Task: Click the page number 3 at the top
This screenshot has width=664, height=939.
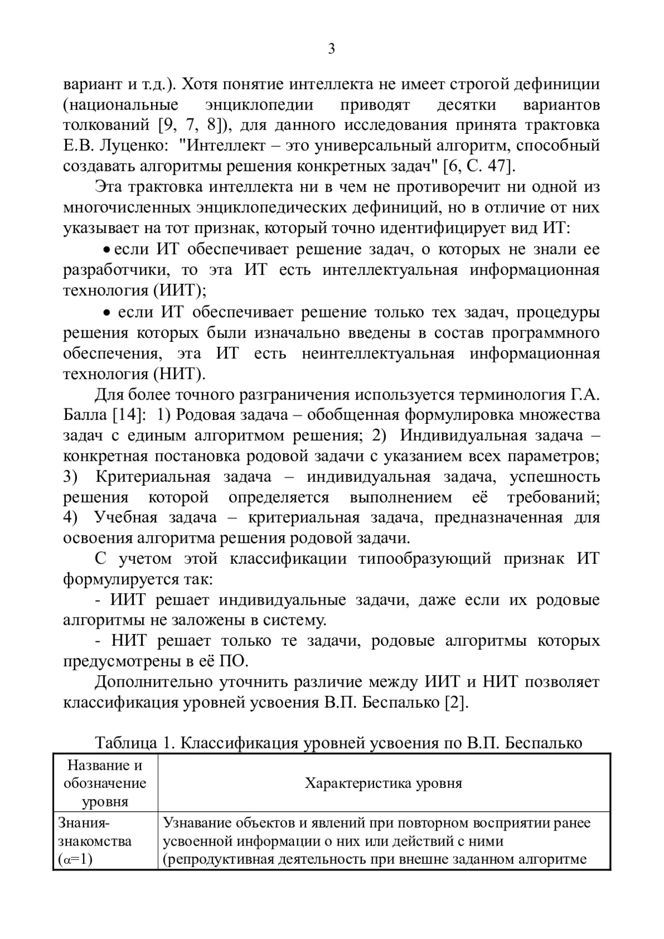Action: (331, 49)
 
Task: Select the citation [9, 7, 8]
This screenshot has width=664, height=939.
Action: (190, 125)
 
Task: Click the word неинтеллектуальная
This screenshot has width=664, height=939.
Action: (378, 354)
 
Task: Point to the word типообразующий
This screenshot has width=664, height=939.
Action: (424, 559)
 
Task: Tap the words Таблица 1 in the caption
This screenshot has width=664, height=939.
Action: (131, 743)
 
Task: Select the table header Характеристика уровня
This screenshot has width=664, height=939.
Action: (383, 784)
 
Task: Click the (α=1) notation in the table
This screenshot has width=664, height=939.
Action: (75, 860)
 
